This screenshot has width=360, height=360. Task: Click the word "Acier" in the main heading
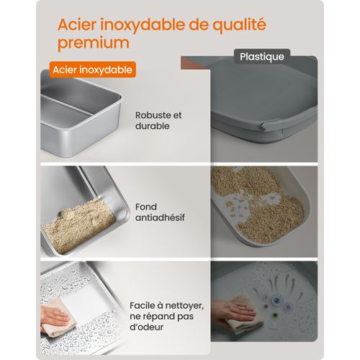click(80, 24)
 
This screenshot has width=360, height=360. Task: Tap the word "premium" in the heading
click(94, 42)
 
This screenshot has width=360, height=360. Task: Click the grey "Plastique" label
click(261, 55)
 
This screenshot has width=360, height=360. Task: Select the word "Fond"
click(145, 204)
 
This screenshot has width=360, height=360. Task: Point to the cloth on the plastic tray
click(248, 320)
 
